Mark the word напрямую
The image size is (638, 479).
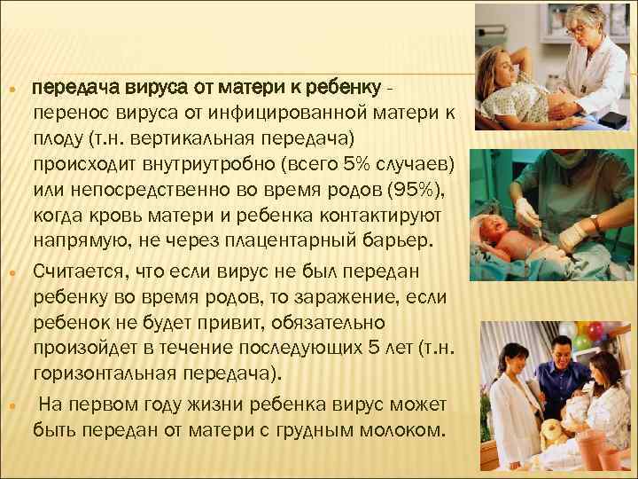click(78, 240)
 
